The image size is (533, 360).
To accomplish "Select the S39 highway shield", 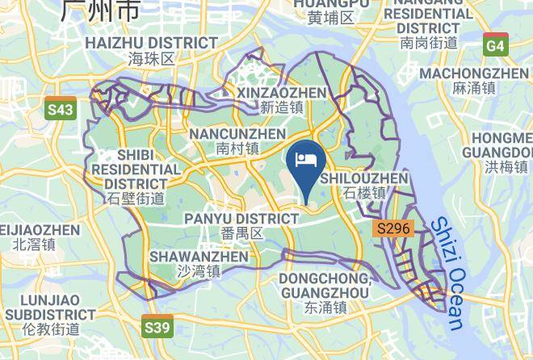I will pos(157,327).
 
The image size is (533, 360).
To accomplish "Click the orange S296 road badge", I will pos(395,229).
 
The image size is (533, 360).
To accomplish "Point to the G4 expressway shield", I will pos(495,46).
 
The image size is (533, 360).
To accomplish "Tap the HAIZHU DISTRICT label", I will pos(152,43).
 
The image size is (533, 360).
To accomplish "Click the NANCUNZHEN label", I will pos(237,134).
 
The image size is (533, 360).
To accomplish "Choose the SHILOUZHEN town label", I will pos(364,178).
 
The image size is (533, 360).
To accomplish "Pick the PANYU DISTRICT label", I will pos(241,219).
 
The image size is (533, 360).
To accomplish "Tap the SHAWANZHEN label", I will pos(199,257).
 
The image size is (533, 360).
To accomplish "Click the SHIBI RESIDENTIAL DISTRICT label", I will pos(136,170).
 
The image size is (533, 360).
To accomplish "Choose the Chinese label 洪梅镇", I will pos(506,167).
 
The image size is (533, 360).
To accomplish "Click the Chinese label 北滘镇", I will pos(28,244).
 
